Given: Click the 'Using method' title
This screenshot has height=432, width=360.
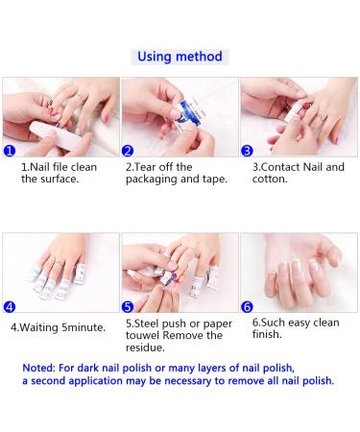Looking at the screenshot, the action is tap(180, 57).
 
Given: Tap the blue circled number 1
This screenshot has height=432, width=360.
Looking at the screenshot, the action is tap(10, 151).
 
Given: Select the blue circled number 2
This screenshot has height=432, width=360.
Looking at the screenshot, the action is tap(128, 151).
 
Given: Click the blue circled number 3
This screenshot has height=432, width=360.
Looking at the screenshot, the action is tap(247, 151).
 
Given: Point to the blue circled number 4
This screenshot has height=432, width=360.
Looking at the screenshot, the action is tap(10, 307).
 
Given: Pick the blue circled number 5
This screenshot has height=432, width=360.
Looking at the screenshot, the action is tap(128, 307).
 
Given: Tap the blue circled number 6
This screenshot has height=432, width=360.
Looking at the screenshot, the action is tap(247, 307).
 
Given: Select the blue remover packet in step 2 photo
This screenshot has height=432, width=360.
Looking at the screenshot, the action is tap(184, 112).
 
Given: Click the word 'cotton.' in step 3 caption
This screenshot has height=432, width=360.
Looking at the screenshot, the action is tap(270, 179).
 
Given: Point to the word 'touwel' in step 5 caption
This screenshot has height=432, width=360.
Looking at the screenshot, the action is tap(142, 335).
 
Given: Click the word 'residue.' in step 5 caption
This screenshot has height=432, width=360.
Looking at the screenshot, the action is tap(145, 348).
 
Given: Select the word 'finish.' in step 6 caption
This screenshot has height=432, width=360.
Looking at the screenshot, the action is tap(267, 334).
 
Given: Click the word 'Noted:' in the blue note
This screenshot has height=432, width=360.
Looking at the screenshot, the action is tap(38, 368).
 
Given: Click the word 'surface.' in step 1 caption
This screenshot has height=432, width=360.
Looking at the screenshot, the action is tap(59, 179).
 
